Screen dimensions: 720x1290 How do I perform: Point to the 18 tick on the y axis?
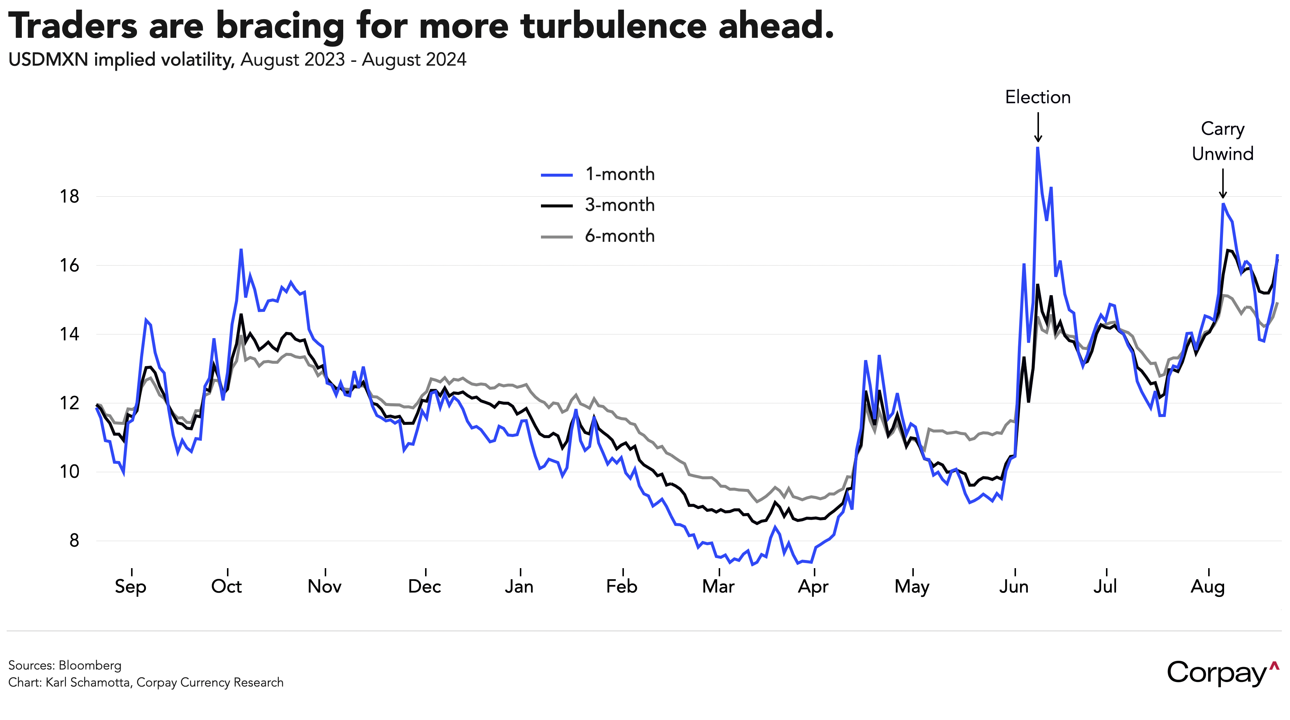coord(70,196)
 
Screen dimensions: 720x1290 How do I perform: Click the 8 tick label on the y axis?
coord(74,541)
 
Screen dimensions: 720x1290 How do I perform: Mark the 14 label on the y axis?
coord(70,334)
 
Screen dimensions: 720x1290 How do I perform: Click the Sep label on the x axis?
coord(130,586)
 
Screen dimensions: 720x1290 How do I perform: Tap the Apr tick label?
coord(813,586)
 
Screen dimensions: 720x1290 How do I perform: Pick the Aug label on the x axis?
coord(1207,586)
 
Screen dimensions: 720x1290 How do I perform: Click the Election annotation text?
coord(1037,97)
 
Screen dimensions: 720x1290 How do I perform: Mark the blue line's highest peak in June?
coord(1037,148)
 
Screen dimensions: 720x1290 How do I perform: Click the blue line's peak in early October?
coord(241,250)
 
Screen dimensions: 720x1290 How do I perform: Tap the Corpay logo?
coord(1222,673)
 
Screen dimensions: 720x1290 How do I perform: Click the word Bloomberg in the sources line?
coord(90,666)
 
